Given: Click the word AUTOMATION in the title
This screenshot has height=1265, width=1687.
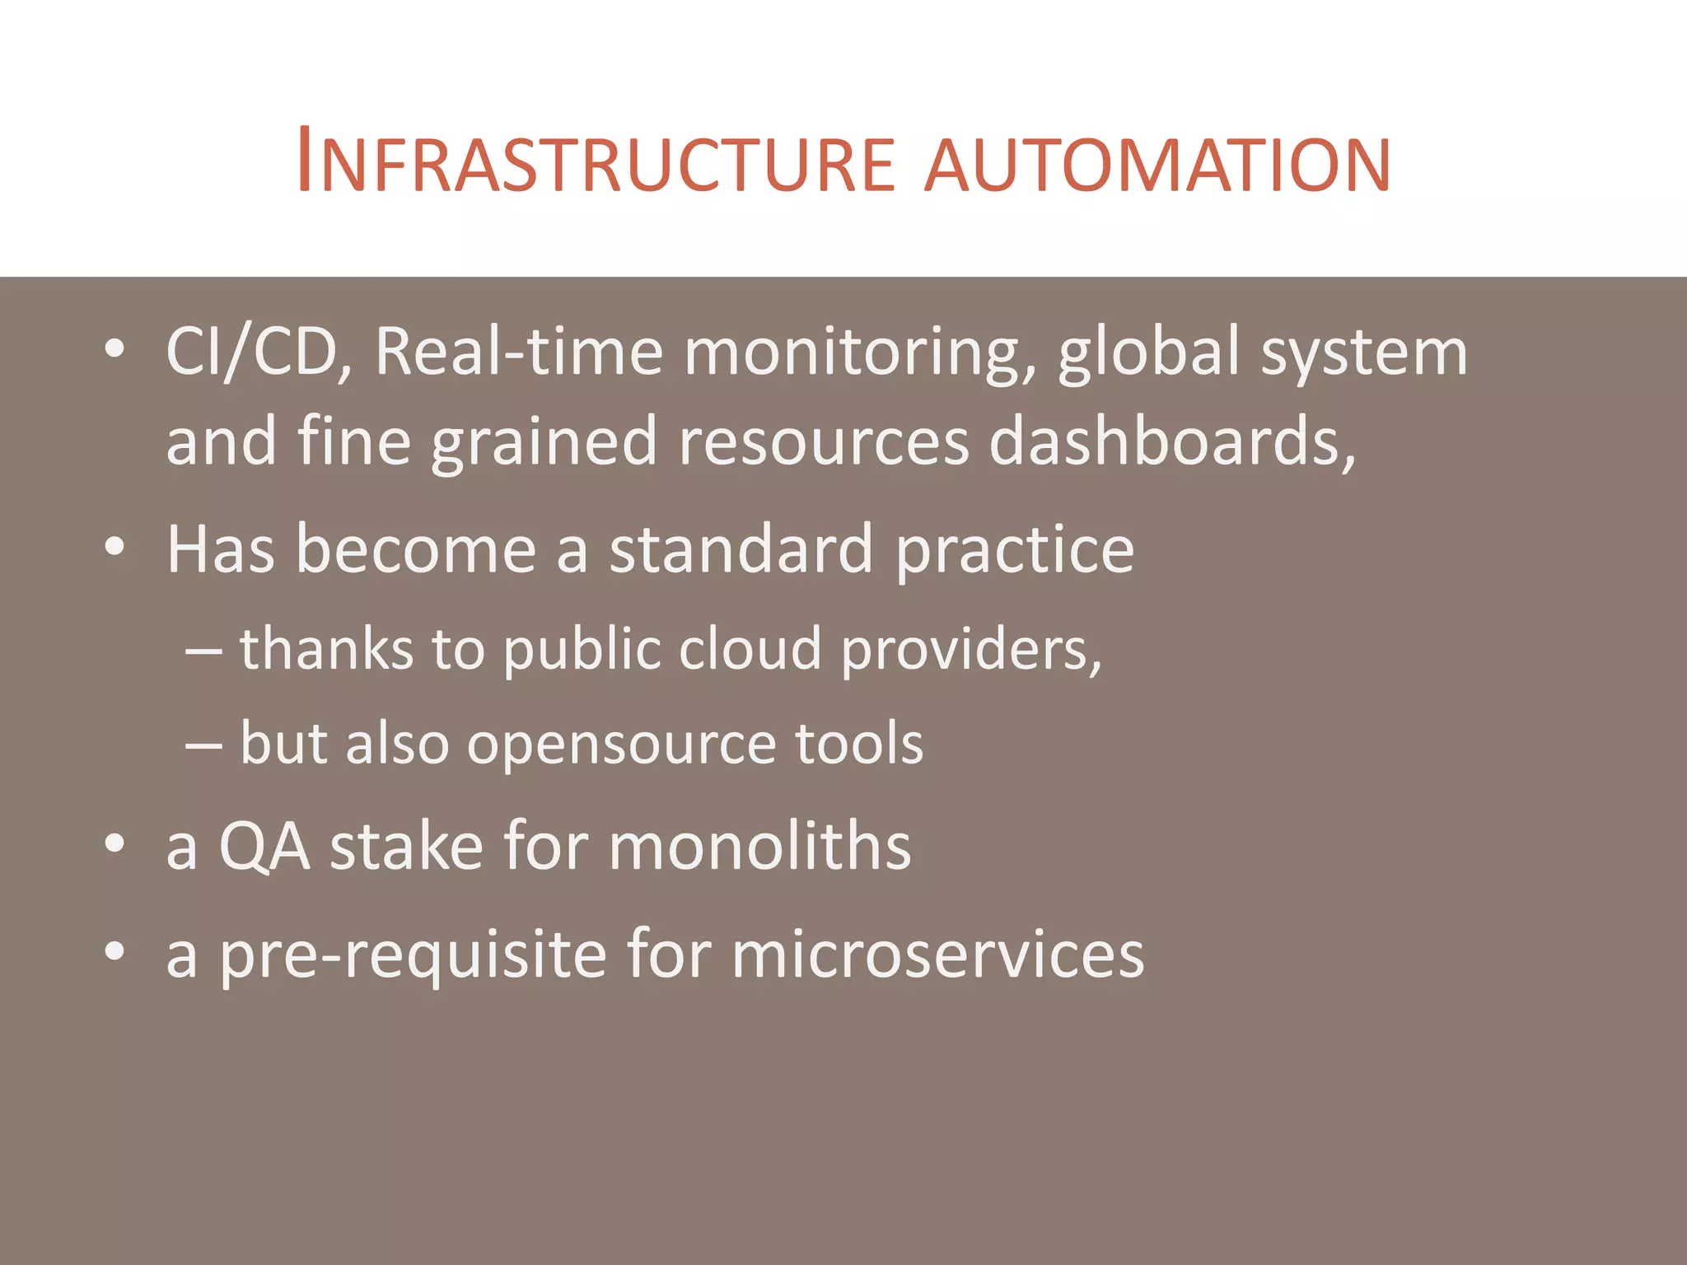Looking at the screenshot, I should point(1157,165).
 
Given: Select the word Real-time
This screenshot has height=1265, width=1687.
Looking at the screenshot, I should point(519,352).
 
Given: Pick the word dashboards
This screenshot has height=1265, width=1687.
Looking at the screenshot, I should point(1171,441).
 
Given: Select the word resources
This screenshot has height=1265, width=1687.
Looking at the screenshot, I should point(824,443).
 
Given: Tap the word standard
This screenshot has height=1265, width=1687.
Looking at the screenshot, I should point(741,550).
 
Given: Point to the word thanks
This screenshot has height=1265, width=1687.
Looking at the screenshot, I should point(326,649).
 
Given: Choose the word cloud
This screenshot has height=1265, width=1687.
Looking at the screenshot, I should point(750,649).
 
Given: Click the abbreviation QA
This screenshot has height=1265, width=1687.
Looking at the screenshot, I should point(264,847).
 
